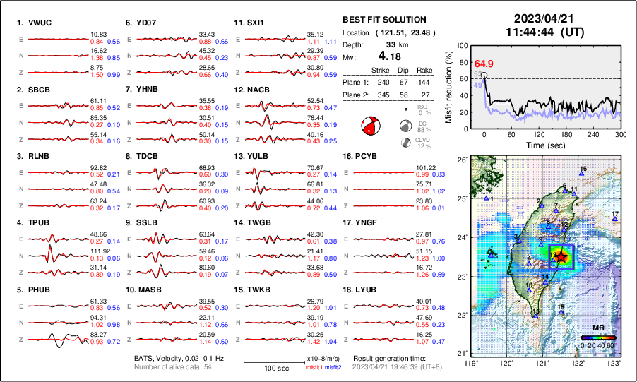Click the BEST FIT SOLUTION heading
click(x=383, y=20)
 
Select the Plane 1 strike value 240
click(x=382, y=82)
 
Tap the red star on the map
click(x=561, y=257)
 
